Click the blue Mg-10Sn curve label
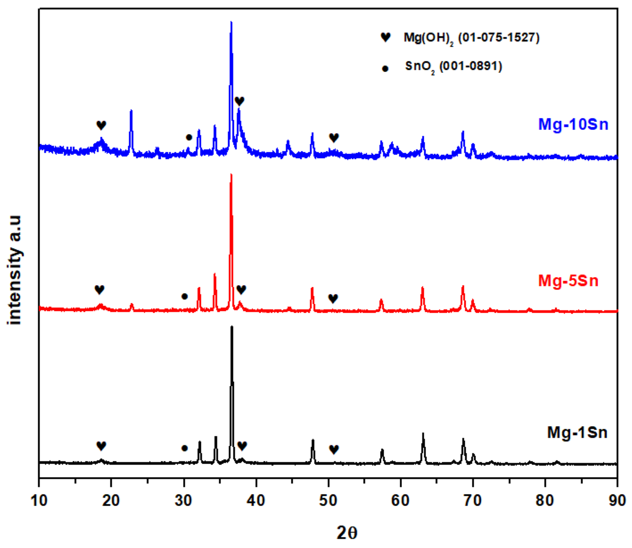573,125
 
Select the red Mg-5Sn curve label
568,281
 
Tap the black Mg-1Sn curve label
577,432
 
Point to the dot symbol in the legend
385,69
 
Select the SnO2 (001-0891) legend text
454,67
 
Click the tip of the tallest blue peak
231,22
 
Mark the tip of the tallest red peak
231,175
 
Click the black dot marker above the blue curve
189,137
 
